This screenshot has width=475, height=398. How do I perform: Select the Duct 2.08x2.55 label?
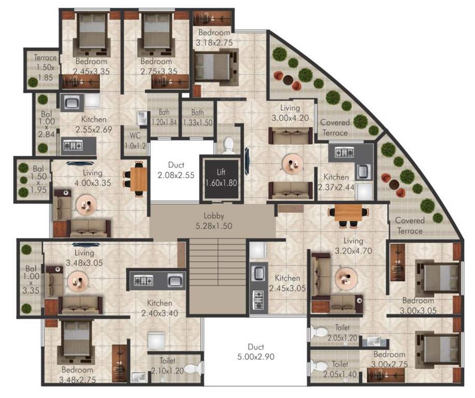pos(176,170)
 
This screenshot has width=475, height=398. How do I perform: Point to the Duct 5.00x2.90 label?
pos(256,352)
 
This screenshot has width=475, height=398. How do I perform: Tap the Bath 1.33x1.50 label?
pos(197,117)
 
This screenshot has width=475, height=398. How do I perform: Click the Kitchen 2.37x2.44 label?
pos(339,181)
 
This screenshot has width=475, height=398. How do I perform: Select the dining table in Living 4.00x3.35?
pos(138,179)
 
